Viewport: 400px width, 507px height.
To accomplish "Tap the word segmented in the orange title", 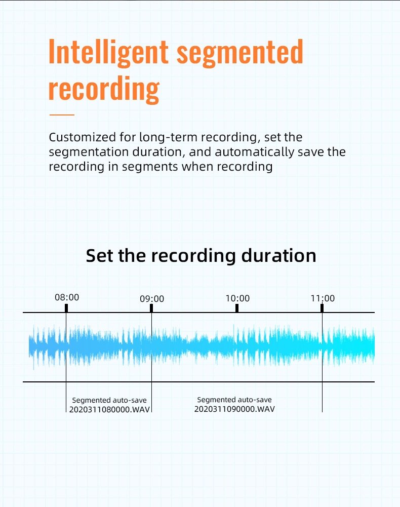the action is pos(240,53).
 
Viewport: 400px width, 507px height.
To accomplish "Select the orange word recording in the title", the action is pos(104,89).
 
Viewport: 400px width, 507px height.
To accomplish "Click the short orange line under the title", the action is pos(62,115).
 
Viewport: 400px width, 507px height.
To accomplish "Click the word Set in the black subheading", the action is pos(100,255).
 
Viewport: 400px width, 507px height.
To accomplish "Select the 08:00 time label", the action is pos(67,297).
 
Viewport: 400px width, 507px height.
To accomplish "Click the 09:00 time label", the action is pos(152,298).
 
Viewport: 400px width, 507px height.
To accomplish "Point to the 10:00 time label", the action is pos(237,298).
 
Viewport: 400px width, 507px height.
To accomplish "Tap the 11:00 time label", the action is pos(323,298).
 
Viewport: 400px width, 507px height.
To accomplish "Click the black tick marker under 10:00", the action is pos(237,308).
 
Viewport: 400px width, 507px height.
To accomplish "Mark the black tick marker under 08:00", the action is pos(66,308).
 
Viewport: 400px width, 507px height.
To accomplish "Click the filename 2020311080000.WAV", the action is pos(109,409).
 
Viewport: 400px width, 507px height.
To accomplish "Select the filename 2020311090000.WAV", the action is pos(234,409).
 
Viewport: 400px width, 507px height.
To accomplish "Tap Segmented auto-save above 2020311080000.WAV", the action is pos(109,400).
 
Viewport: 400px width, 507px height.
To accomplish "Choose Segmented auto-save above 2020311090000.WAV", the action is pos(234,400).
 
